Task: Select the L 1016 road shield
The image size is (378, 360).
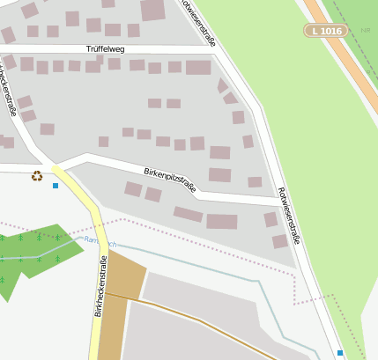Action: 326,31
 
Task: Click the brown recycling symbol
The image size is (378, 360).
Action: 37,175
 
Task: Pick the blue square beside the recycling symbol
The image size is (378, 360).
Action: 56,186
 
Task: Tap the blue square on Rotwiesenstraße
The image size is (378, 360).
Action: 340,352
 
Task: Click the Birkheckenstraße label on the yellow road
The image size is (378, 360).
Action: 100,286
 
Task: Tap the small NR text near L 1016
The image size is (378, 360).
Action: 365,30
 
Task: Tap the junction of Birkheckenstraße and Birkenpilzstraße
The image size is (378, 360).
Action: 62,166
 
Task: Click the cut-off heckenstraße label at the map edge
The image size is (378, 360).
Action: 8,88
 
